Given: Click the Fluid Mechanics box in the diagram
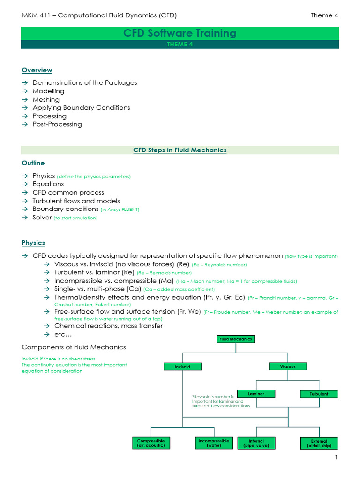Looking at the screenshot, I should (x=236, y=338).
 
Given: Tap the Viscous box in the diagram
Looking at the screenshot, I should (x=288, y=366).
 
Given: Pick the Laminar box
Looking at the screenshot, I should (x=256, y=394).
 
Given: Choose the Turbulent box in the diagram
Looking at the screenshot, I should (x=319, y=394).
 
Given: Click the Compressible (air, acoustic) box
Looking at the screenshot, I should (x=151, y=443).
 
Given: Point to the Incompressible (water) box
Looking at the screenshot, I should (x=214, y=443).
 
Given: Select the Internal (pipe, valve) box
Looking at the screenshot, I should (x=256, y=443).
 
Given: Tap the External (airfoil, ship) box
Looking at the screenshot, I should (x=319, y=443).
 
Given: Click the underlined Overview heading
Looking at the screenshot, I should (x=37, y=70).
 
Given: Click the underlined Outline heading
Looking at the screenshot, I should (x=33, y=163).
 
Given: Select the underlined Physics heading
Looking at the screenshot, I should (x=33, y=243).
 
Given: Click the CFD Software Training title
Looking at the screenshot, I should (x=180, y=33).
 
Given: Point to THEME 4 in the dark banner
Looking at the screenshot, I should (x=180, y=45).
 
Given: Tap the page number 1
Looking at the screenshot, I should (x=336, y=457).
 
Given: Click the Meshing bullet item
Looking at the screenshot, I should (x=46, y=99).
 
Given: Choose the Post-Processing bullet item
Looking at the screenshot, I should (x=57, y=124).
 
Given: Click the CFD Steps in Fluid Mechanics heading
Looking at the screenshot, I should (x=180, y=150).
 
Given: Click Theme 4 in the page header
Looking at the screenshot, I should (x=324, y=15).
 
